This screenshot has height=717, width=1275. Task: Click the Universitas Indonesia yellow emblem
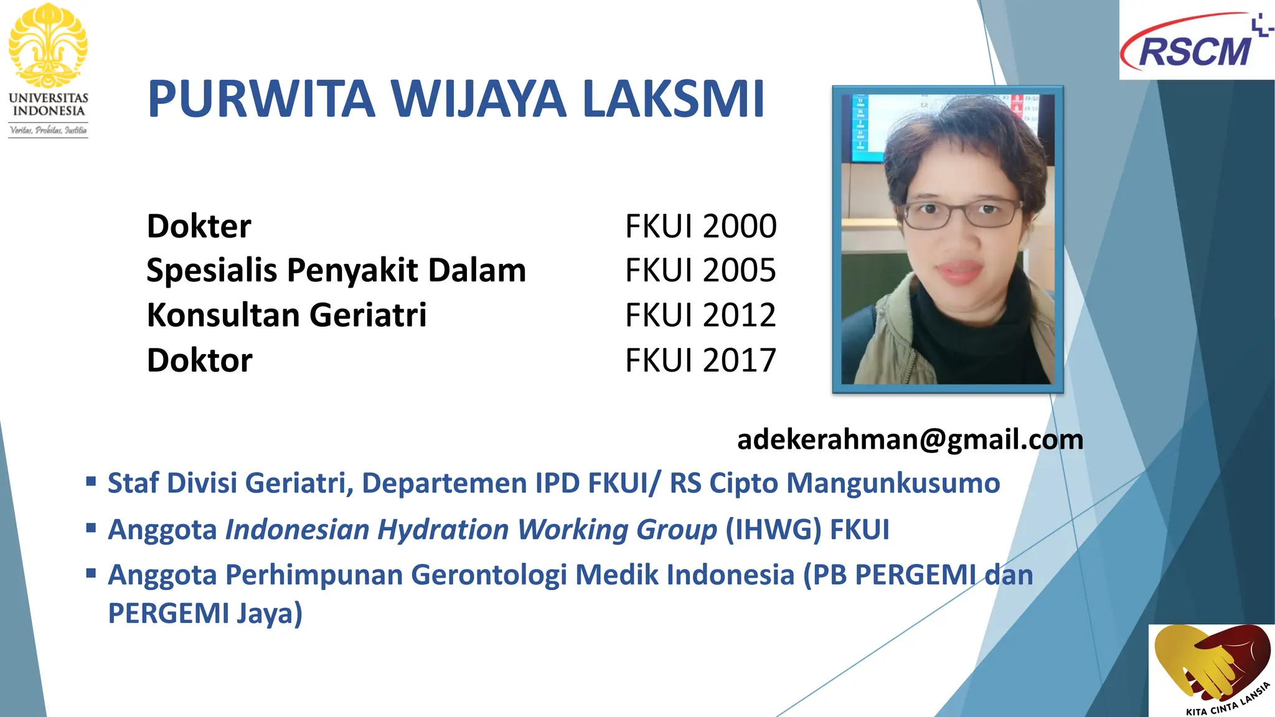[x=48, y=45]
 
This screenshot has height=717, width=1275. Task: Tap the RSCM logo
[x=1195, y=44]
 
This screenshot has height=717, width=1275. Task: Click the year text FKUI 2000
[x=700, y=226]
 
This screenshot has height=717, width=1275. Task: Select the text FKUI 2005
[x=700, y=271]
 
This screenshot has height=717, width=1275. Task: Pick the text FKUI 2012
[x=700, y=315]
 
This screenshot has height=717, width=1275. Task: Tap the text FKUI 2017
[x=700, y=360]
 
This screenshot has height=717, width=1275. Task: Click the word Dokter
[x=199, y=226]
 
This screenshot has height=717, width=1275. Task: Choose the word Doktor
[x=200, y=360]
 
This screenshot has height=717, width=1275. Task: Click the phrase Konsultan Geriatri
[x=286, y=315]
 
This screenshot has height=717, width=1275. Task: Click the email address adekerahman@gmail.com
[x=910, y=439]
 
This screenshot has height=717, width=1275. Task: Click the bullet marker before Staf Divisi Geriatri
[x=92, y=481]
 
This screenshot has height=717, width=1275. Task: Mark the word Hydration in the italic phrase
[x=443, y=530]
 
